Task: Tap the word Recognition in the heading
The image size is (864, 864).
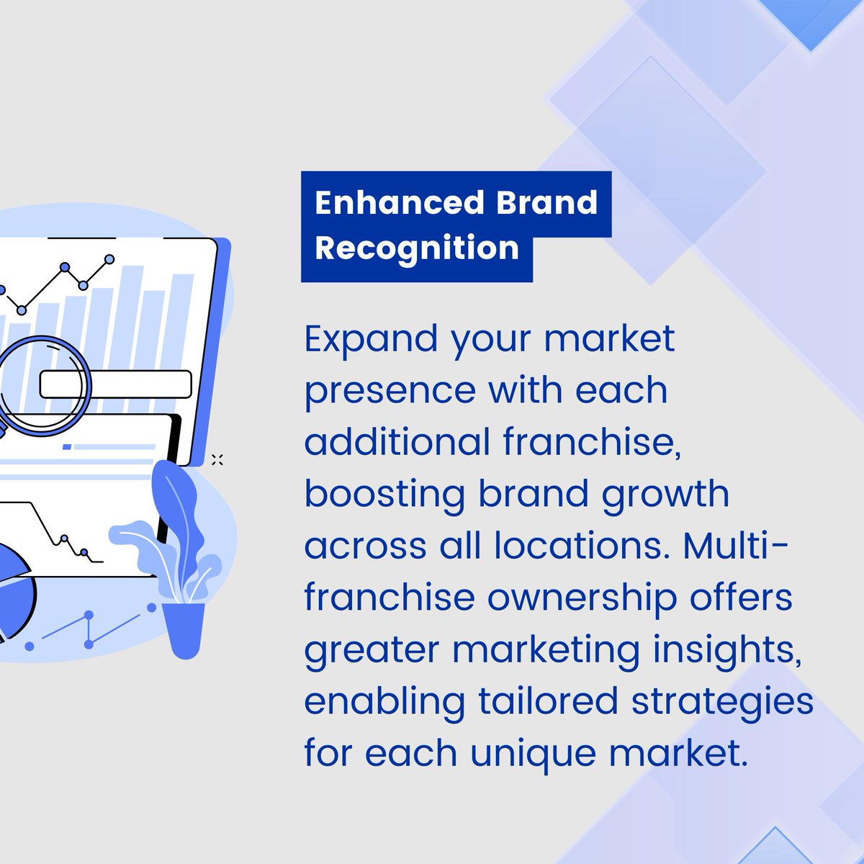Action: [x=417, y=248]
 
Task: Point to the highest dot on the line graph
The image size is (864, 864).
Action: [x=109, y=258]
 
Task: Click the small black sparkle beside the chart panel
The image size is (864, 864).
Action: [x=217, y=459]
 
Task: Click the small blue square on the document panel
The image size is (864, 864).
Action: [x=67, y=447]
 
